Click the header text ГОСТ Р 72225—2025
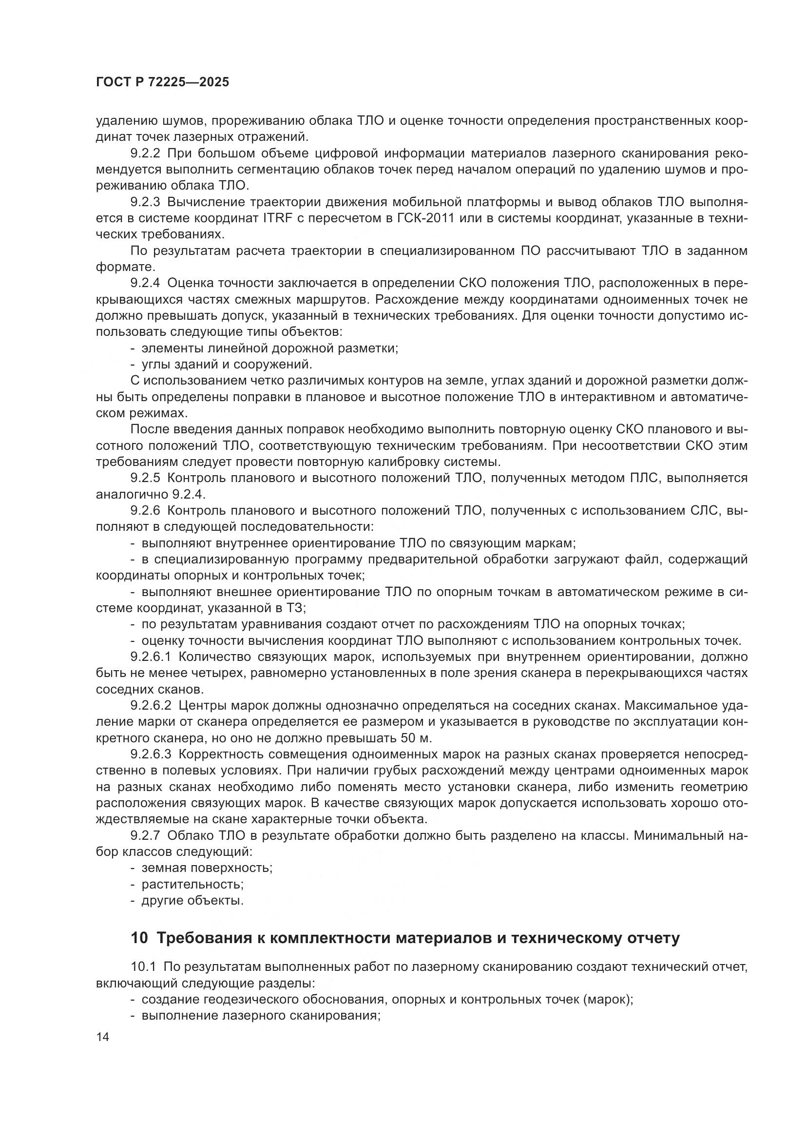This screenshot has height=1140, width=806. coord(162,82)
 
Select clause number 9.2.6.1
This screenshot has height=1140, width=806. coord(151,657)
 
